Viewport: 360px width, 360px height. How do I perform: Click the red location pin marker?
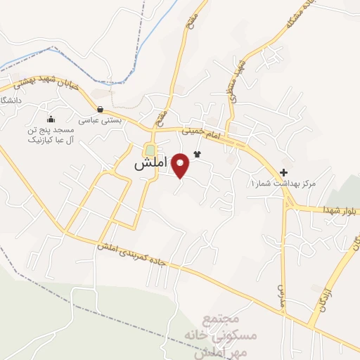point(181,165)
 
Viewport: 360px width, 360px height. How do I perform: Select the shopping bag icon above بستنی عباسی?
point(101,109)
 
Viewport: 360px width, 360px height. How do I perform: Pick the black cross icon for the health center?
point(283,173)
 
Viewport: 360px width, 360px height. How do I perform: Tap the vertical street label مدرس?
point(283,290)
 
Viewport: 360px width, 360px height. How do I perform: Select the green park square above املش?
point(149,150)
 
